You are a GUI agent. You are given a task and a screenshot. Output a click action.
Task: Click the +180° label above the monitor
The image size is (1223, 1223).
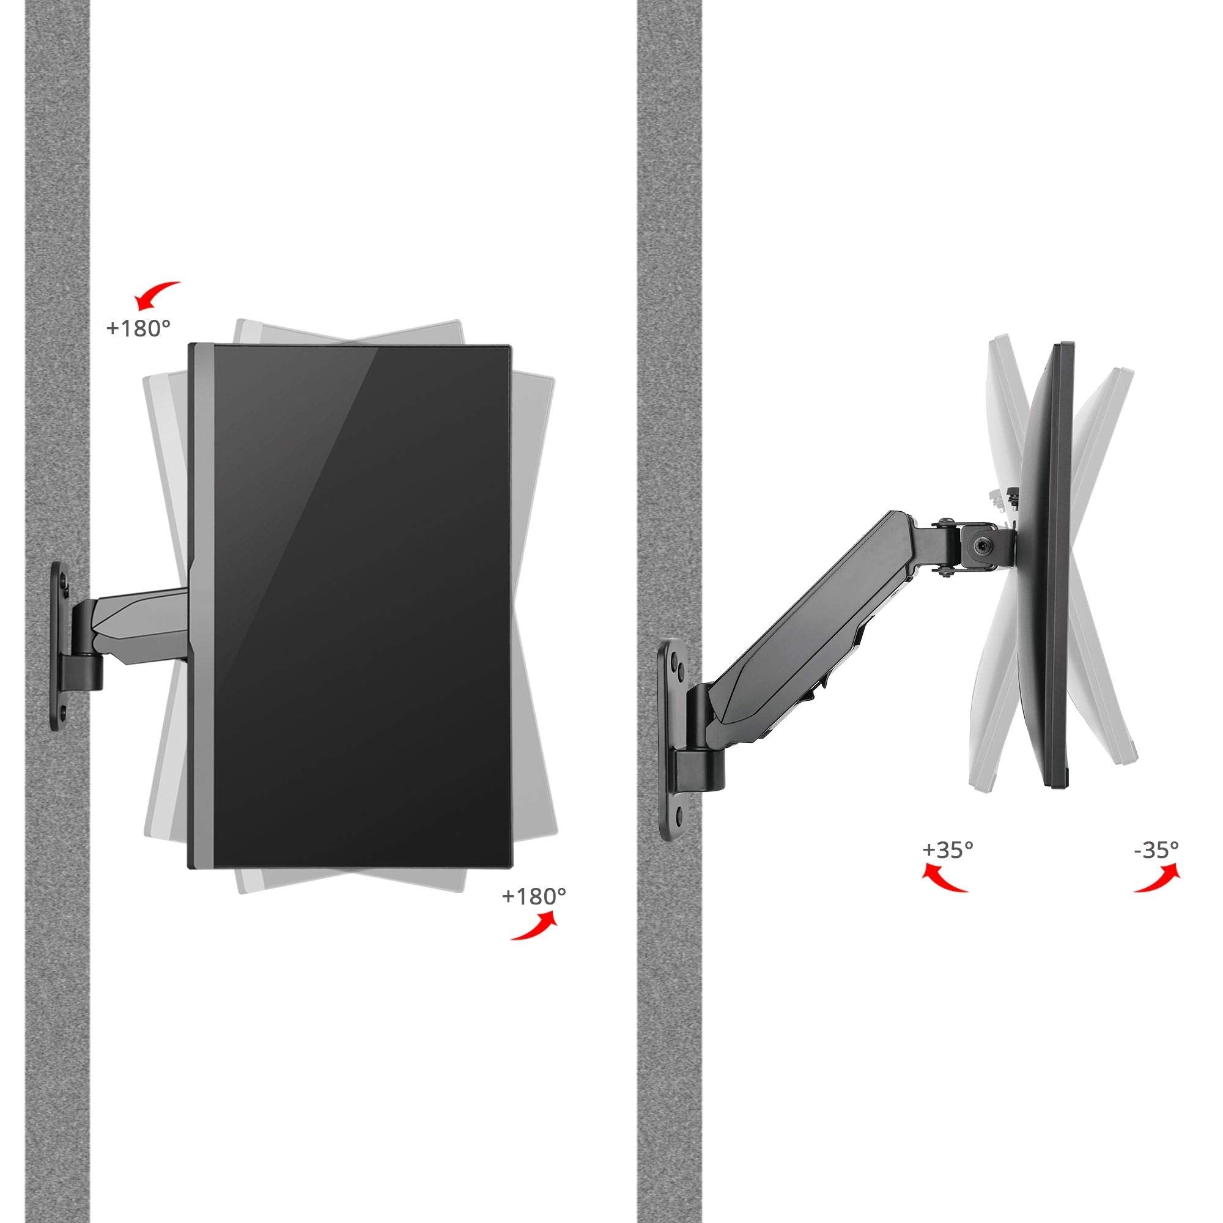139,329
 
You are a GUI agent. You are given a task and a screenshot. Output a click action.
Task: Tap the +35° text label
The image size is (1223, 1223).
948,849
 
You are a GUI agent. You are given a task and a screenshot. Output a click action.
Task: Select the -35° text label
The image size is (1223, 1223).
1156,849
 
